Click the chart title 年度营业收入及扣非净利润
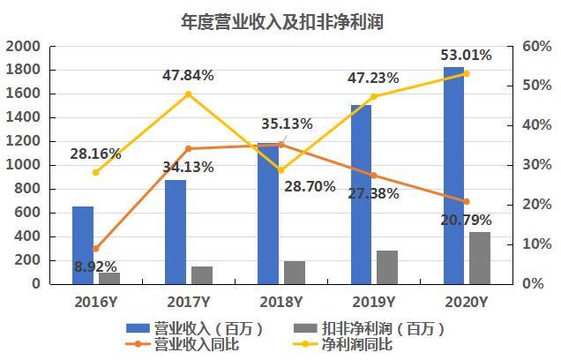[282, 21]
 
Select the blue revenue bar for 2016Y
[83, 245]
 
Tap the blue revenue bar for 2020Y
[453, 176]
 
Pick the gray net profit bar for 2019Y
[387, 267]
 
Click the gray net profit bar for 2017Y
[202, 275]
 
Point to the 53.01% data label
[466, 55]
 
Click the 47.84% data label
[188, 76]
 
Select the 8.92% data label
[95, 266]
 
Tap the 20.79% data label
[466, 220]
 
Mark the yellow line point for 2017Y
[189, 94]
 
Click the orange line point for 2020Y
[467, 202]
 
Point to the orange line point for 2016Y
[95, 249]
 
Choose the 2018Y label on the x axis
[280, 303]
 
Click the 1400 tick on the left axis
[23, 117]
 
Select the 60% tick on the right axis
[536, 46]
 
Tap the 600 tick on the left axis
[27, 213]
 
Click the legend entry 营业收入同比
[183, 344]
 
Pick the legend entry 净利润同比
[342, 344]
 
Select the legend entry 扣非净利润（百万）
[369, 328]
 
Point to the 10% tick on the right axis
[536, 244]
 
